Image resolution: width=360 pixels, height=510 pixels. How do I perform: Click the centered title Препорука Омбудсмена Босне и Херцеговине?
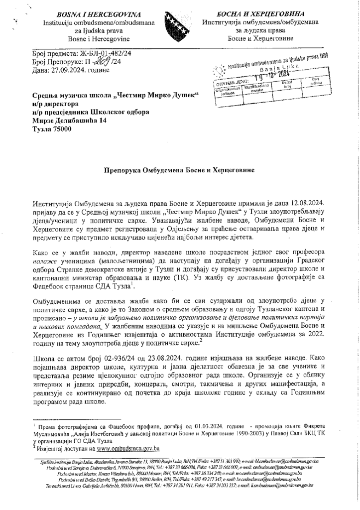pyautogui.click(x=180, y=170)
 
